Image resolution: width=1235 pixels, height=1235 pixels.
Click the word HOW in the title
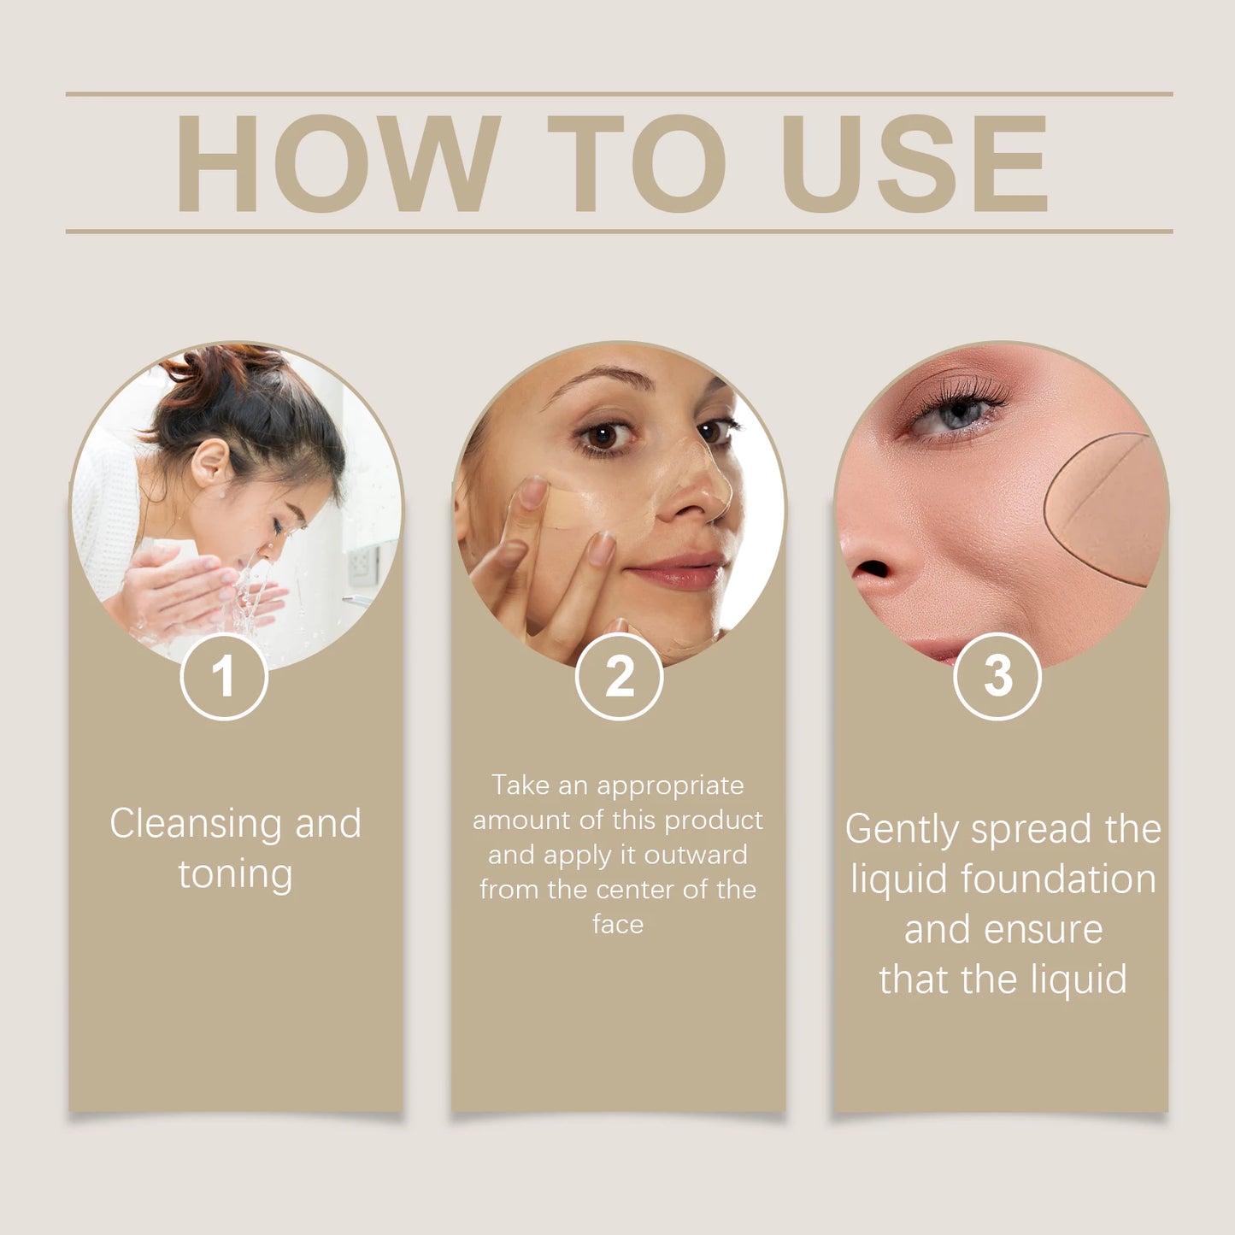click(338, 163)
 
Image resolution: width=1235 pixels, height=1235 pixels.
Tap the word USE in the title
click(914, 163)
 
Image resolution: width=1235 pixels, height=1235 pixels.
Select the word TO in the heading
click(636, 163)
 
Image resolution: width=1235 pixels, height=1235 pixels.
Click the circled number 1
click(224, 677)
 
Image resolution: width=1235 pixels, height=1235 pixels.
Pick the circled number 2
click(619, 677)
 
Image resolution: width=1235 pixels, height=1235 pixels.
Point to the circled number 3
click(997, 677)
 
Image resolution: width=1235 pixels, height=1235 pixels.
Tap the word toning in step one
click(235, 874)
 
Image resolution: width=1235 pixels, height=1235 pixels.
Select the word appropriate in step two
click(670, 785)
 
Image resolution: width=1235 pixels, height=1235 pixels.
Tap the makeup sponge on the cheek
click(1107, 509)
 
